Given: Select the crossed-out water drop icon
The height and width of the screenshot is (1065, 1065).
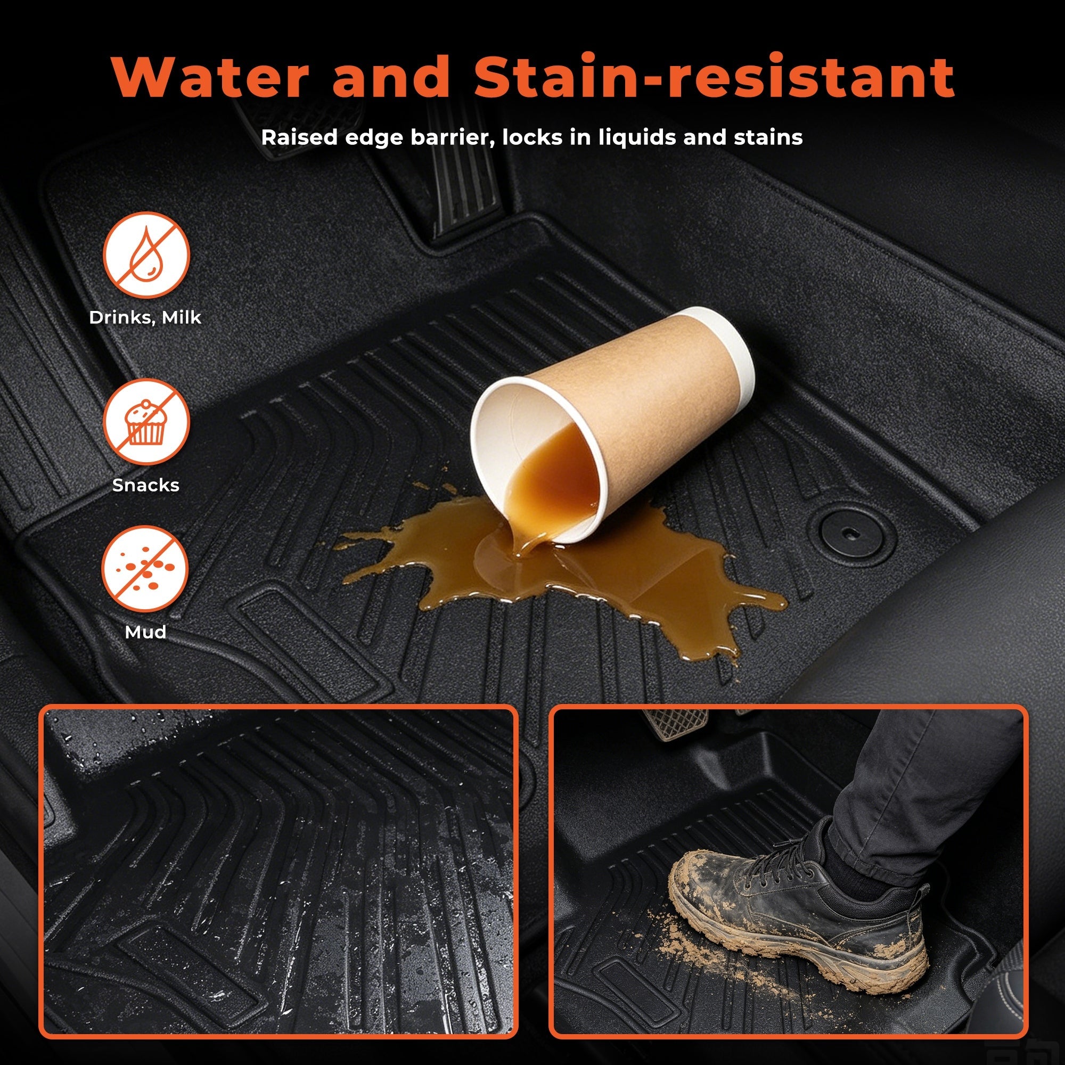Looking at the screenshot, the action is (146, 255).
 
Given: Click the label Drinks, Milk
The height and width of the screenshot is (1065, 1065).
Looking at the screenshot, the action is (145, 317).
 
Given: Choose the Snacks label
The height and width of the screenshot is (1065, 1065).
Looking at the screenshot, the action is (145, 485).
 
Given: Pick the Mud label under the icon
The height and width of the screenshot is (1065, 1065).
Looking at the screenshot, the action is (145, 632).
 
